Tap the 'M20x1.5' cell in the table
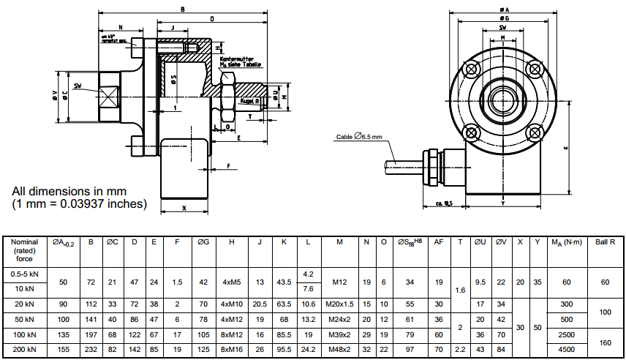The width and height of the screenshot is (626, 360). point(339,304)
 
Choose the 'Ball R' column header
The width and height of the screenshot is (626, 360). point(605,242)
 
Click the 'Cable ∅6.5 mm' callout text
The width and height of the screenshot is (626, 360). point(358,137)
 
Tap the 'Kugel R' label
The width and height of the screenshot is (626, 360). point(251,101)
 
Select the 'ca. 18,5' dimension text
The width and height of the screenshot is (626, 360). point(444,203)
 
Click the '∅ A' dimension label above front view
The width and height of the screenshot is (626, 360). point(503,9)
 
